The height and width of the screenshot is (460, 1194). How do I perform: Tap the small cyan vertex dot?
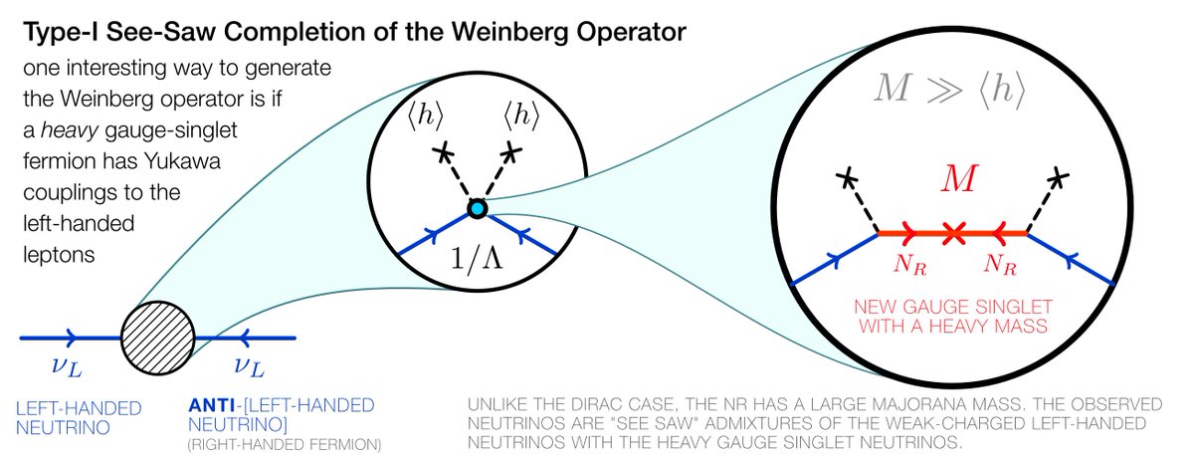coord(477,208)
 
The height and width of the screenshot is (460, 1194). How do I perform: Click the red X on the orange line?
coord(953,234)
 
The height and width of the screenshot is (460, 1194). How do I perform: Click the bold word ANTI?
coord(211,406)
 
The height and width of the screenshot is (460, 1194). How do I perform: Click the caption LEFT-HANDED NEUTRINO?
coord(80,416)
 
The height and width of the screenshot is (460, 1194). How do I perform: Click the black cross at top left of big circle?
coord(847,179)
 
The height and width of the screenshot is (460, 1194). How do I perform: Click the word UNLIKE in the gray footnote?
coord(498,406)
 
